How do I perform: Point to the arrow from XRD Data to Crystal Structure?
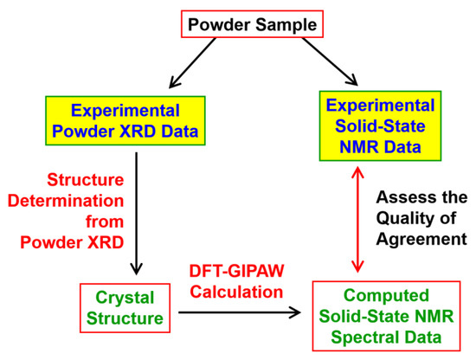[136, 212]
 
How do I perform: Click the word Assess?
[401, 197]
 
